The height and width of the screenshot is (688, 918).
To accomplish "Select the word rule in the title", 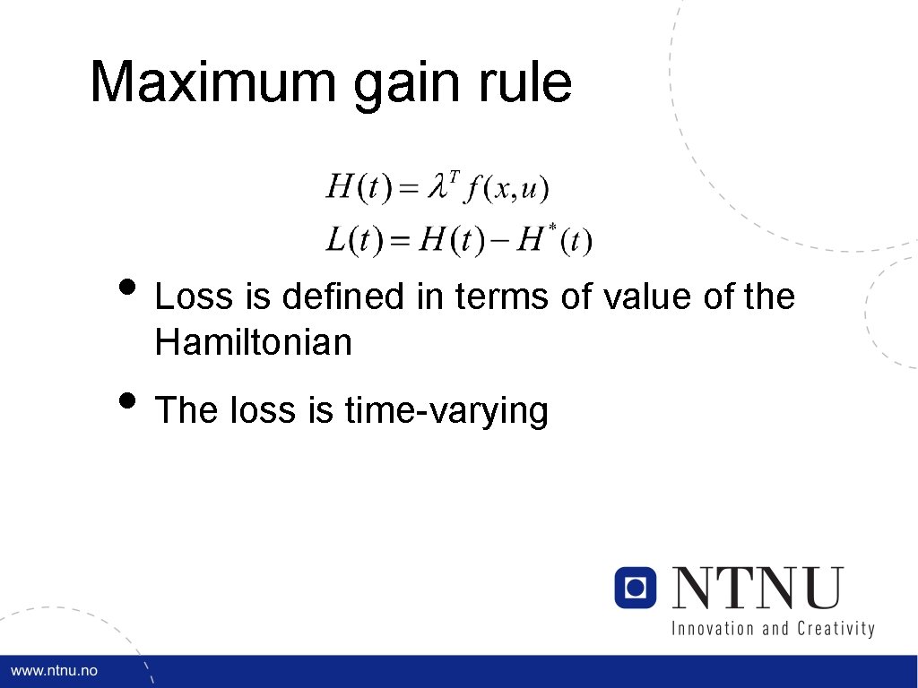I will click(x=532, y=82).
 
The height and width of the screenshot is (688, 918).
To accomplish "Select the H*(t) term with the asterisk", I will click(x=551, y=239).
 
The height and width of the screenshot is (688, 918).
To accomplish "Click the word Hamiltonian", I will click(x=254, y=341).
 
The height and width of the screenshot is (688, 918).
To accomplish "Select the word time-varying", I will click(x=446, y=410).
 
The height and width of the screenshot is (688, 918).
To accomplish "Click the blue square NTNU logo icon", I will click(x=636, y=588).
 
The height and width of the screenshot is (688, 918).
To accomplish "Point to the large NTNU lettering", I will click(x=758, y=589).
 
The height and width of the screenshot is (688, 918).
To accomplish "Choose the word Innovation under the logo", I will click(x=714, y=628).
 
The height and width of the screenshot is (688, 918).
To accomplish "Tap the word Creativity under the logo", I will click(x=834, y=628).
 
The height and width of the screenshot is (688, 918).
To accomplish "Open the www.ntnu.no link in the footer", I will click(x=54, y=671).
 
